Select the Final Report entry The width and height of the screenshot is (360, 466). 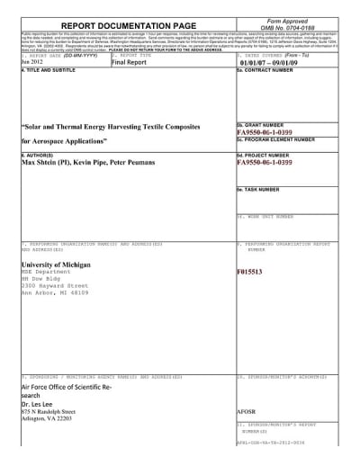pyautogui.click(x=131, y=88)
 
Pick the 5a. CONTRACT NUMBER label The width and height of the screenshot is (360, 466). pyautogui.click(x=271, y=94)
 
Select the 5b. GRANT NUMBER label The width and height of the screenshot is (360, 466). pyautogui.click(x=263, y=125)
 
